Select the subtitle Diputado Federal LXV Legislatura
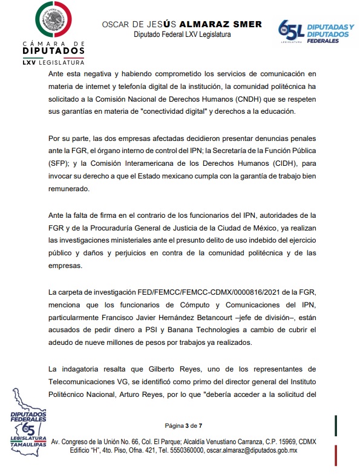(182, 35)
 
